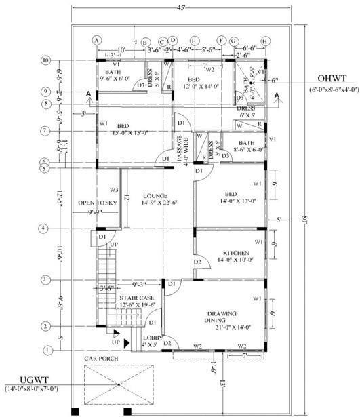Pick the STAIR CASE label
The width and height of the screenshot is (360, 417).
point(136,298)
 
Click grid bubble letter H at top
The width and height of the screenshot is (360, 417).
point(264,41)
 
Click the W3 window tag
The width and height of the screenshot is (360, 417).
point(115,190)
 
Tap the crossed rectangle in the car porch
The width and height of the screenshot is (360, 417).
point(119,385)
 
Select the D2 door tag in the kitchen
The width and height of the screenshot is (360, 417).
point(198,262)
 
